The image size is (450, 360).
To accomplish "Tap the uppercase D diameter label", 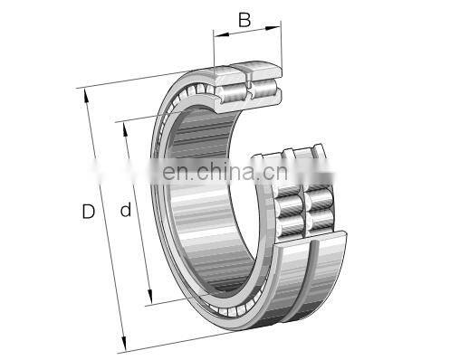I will tap(88, 213).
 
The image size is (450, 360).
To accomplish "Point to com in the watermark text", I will tap(295, 170).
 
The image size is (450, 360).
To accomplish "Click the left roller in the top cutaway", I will tap(231, 87).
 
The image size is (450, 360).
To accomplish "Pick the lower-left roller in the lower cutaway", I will tap(292, 223).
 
